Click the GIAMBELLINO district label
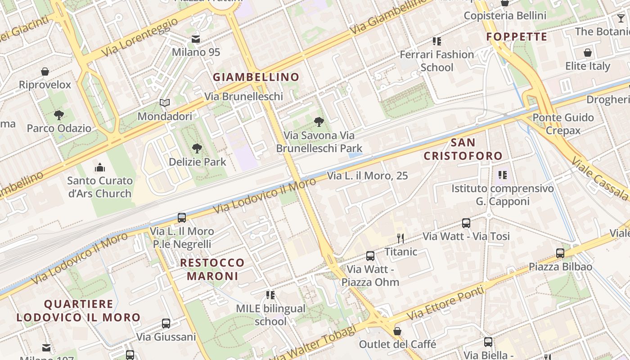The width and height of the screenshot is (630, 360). point(256,77)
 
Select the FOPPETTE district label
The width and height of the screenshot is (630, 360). point(517,37)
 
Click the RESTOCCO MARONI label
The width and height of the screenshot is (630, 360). point(212,269)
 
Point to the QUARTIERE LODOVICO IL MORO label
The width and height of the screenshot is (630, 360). point(79,311)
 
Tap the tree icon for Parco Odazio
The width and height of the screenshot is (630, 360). point(58,115)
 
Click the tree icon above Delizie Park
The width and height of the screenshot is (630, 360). point(197,148)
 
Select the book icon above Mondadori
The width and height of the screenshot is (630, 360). point(165,103)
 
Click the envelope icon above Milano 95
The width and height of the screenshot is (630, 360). point(196,39)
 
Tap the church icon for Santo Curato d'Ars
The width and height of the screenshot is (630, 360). point(100,168)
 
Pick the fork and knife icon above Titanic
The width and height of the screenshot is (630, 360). point(400,238)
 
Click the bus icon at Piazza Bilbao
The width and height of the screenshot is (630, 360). point(560,253)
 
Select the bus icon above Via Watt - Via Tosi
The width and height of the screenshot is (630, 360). point(466,223)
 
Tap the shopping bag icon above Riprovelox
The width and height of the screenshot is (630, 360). point(45,72)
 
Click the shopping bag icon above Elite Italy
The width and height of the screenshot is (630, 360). point(588,53)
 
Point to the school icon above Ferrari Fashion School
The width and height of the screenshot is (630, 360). point(436,41)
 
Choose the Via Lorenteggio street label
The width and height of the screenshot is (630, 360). point(139,38)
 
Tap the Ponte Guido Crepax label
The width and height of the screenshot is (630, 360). point(563,124)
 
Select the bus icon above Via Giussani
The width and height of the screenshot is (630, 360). point(166,324)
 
